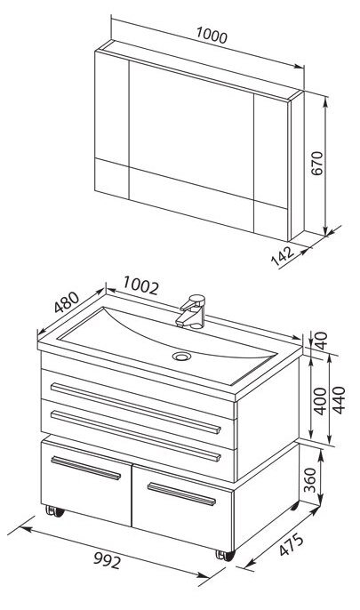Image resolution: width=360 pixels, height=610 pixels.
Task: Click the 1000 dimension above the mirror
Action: [x=212, y=36]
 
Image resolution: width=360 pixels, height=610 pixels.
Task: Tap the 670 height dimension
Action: [x=317, y=163]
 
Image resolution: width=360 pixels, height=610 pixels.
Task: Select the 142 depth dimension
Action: [x=283, y=255]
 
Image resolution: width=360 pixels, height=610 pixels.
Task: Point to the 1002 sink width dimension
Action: [x=141, y=285]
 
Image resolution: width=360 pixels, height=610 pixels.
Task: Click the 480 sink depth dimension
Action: [x=67, y=302]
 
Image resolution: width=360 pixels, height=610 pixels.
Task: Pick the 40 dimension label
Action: [x=321, y=341]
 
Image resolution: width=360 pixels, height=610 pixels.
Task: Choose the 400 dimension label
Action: [x=320, y=401]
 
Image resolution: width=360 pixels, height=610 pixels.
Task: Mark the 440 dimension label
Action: [x=339, y=400]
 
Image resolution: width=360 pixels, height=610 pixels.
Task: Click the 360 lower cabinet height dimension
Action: [x=310, y=479]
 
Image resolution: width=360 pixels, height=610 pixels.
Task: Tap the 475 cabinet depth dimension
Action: [x=292, y=544]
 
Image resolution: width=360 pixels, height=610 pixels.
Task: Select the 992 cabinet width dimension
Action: [x=108, y=560]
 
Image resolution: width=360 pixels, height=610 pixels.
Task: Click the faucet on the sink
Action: [x=191, y=311]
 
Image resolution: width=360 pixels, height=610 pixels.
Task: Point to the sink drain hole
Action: [x=181, y=356]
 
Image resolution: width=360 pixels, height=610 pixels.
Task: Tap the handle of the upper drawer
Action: [x=136, y=407]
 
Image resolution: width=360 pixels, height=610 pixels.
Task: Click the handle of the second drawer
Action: [x=136, y=436]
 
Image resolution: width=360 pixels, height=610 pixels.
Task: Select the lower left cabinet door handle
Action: [x=86, y=468]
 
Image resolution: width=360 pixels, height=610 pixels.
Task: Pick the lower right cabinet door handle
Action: [x=181, y=494]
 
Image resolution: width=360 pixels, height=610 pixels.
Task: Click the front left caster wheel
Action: [x=55, y=511]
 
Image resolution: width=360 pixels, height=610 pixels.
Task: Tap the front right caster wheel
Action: [x=226, y=556]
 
